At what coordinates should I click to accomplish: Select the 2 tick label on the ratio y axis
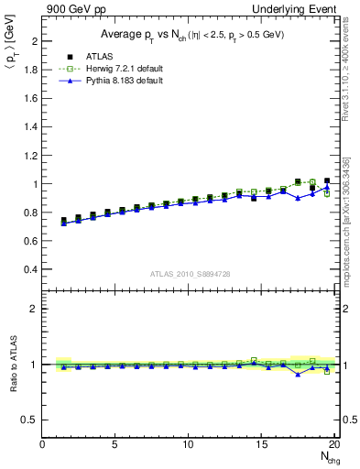click(36, 309)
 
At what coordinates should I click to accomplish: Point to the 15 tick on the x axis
click(262, 445)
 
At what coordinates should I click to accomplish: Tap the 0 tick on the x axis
click(43, 445)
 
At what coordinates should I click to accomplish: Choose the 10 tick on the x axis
click(189, 445)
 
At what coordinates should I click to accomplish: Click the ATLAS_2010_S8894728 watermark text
click(189, 274)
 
